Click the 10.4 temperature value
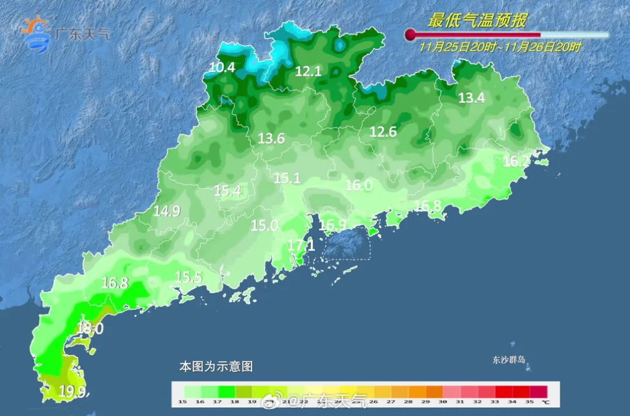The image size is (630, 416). pos(222,68)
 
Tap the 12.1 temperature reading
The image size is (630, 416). pos(308,72)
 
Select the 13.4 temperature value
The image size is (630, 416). pos(471,98)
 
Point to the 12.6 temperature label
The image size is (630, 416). pos(383,132)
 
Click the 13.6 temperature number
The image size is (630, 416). pos(272,139)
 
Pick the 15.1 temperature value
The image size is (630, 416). pos(287,179)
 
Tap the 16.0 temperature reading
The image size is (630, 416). pos(359,186)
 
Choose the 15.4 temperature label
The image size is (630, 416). pos(228,191)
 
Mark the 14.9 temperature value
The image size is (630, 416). pos(167,212)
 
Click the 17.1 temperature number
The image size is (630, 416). pos(302,246)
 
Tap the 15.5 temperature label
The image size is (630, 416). pos(188,278)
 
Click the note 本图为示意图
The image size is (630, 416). pos(216,367)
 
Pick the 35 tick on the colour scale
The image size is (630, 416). pos(530,401)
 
